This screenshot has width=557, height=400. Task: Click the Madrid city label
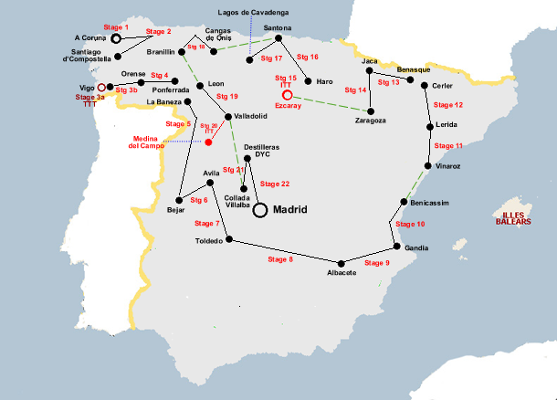(289, 210)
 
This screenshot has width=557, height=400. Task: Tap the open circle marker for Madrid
(260, 210)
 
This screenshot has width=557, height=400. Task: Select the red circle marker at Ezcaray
(287, 95)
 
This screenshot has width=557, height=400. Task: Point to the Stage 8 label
(279, 260)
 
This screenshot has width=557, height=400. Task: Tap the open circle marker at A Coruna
(116, 39)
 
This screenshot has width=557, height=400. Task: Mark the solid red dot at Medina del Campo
(208, 142)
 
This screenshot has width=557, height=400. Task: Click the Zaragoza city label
(370, 121)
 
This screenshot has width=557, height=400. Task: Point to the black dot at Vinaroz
(428, 166)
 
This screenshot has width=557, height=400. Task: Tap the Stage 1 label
(116, 27)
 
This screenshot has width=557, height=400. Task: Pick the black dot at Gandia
(394, 247)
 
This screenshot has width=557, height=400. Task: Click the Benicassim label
(431, 202)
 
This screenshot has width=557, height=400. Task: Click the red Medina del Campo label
(146, 142)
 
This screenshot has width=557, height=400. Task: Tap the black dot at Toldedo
(228, 240)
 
